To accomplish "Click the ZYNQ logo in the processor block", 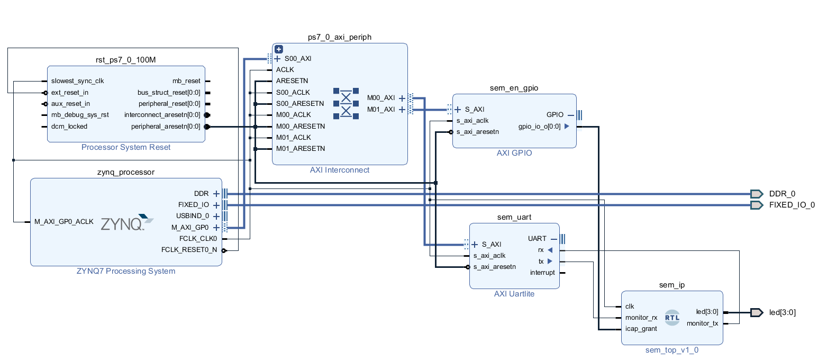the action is tap(127, 222).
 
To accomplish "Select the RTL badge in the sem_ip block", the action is tap(672, 318).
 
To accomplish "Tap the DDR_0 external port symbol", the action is tap(757, 194).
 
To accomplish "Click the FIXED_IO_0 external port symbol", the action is tap(757, 205).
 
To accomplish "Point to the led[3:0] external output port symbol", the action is tap(757, 312).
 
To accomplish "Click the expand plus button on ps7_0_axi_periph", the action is tap(279, 49).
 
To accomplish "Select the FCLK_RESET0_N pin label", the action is tap(189, 250).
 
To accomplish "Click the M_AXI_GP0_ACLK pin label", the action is tap(64, 221).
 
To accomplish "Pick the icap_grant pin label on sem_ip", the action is tap(641, 329).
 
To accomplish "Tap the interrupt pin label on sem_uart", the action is tap(542, 272).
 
